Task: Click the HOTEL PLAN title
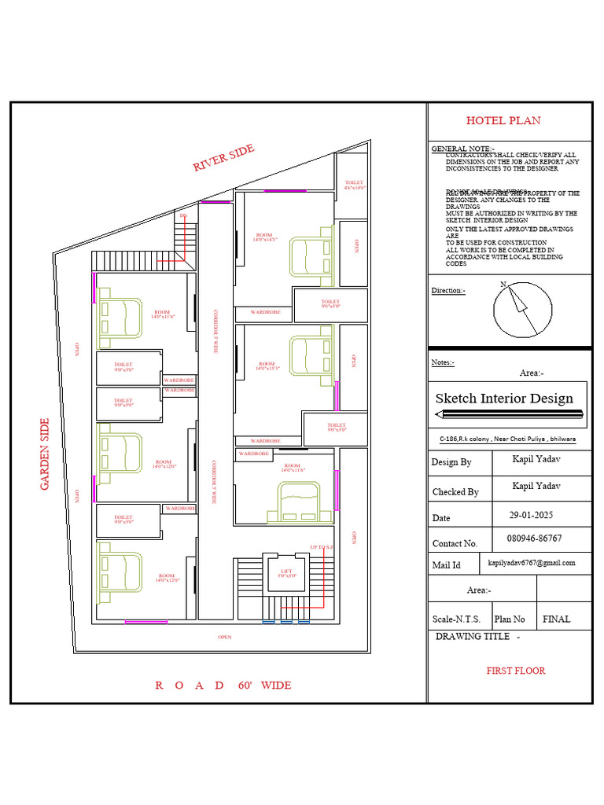[503, 120]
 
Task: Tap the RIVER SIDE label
[223, 158]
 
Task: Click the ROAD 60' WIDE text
[223, 686]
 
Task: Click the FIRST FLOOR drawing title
[515, 671]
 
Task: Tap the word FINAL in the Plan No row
[557, 619]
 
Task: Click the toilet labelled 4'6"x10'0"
[355, 186]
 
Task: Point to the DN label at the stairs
[183, 215]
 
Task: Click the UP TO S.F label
[322, 547]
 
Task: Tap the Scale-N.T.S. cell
[458, 619]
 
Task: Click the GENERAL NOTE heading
[463, 149]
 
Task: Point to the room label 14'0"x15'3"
[267, 366]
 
